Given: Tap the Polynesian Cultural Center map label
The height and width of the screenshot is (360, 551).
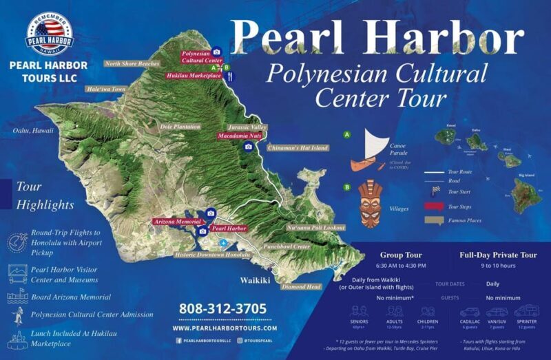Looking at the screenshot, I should point(201,56).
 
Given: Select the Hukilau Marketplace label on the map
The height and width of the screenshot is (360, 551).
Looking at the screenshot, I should point(194,76).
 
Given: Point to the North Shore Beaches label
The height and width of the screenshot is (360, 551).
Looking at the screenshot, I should point(132,64).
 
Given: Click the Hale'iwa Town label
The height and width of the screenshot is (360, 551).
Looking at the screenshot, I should point(106,89).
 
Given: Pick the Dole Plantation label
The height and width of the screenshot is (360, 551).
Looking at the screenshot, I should point(180,127).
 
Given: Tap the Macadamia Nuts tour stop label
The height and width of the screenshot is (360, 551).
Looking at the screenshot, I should point(240,136).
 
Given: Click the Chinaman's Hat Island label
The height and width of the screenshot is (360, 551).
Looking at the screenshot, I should point(298,147).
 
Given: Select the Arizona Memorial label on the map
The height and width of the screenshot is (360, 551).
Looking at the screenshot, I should point(177,222).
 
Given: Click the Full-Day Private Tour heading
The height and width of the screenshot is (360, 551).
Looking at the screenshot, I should point(498,255).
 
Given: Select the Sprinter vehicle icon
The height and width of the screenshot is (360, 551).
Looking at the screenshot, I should point(526,311).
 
